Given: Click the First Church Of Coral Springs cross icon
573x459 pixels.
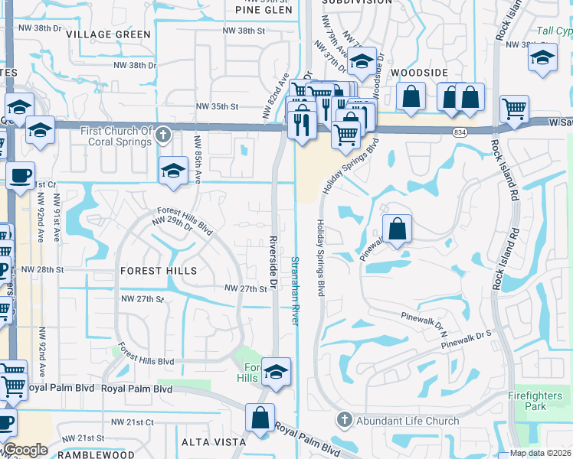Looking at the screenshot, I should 162,135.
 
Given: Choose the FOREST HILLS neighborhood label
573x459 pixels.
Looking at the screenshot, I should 158,271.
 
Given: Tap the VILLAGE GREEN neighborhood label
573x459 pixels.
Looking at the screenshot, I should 108,34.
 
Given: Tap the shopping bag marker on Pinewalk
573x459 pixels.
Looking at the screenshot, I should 397,229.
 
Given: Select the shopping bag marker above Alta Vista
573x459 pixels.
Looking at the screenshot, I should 260,418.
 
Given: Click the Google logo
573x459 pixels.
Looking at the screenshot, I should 25,450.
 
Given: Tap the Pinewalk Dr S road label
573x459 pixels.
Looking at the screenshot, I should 476,336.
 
